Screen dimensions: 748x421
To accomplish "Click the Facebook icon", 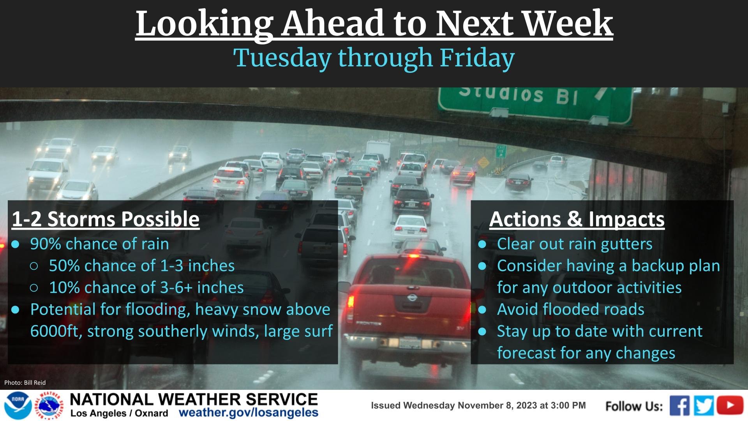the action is (680, 406).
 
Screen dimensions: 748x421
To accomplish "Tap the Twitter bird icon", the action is (704, 406).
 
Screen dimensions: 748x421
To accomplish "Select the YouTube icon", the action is (730, 405).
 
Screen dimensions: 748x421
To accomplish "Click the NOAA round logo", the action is (18, 406).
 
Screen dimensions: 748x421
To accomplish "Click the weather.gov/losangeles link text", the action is (249, 413).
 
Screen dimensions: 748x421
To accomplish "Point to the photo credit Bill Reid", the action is (25, 383).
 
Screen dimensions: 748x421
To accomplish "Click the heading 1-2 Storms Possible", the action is (106, 219).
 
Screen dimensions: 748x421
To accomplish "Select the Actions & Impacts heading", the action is (577, 219).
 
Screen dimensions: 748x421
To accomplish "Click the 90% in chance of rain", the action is (46, 244).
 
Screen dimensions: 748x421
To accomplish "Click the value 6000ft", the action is (56, 331).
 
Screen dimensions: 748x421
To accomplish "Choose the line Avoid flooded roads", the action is (571, 310).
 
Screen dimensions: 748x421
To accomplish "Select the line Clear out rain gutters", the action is (575, 244).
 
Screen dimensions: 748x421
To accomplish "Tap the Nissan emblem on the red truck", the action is (412, 298).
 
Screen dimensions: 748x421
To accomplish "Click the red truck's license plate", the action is (410, 343).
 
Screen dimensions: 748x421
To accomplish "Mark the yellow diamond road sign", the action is (483, 162).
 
